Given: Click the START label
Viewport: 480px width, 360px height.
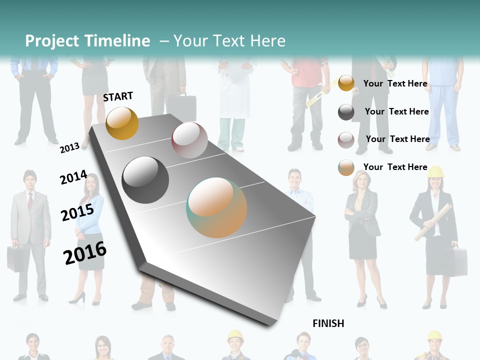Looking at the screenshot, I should [118, 96].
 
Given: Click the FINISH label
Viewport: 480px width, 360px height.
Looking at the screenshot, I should [328, 323].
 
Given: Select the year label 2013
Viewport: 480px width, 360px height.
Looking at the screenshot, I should [69, 147].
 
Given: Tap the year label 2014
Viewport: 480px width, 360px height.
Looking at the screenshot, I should [73, 177].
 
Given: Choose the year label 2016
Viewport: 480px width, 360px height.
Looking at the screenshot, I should [85, 253].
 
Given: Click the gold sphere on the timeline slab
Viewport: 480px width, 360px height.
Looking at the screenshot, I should [122, 123].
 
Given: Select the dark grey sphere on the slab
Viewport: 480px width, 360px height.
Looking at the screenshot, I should [145, 180].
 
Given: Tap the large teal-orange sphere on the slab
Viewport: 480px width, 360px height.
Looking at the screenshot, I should [216, 207].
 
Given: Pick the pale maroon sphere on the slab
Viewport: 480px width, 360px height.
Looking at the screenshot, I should [189, 140].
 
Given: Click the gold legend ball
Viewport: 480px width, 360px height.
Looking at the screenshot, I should [346, 83].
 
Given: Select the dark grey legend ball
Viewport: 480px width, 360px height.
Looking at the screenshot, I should [346, 112].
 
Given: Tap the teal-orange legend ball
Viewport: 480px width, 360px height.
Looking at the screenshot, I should [346, 167].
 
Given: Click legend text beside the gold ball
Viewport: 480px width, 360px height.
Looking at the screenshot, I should [395, 83].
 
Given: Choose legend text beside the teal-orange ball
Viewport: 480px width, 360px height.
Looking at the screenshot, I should [395, 167].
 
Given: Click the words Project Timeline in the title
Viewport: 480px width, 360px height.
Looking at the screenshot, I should [87, 41].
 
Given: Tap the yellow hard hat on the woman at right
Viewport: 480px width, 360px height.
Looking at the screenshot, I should [435, 172].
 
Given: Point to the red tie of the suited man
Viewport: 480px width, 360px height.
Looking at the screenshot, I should [30, 201].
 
